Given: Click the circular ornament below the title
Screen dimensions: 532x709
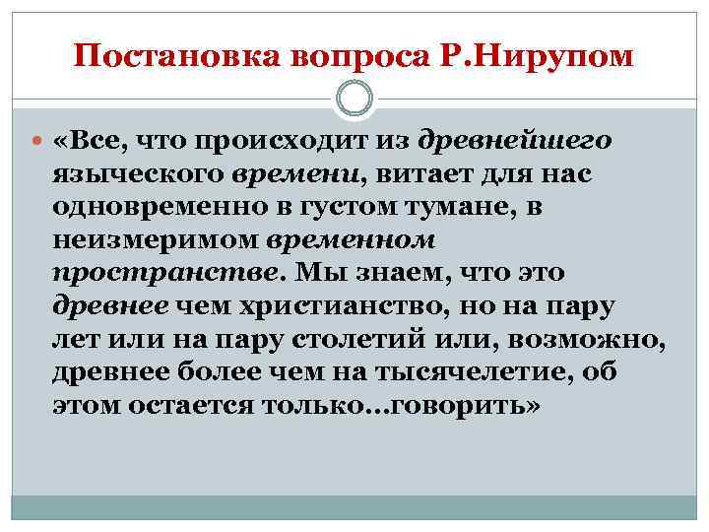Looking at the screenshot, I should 354,100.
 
